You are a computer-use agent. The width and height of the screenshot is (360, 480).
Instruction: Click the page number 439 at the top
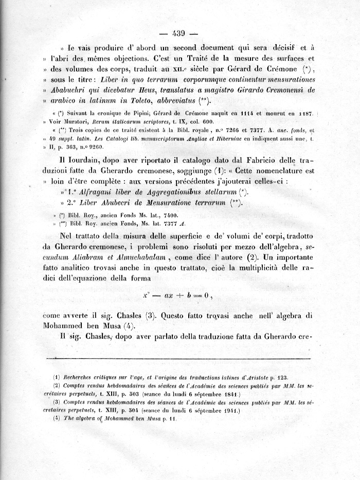tap(179, 34)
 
